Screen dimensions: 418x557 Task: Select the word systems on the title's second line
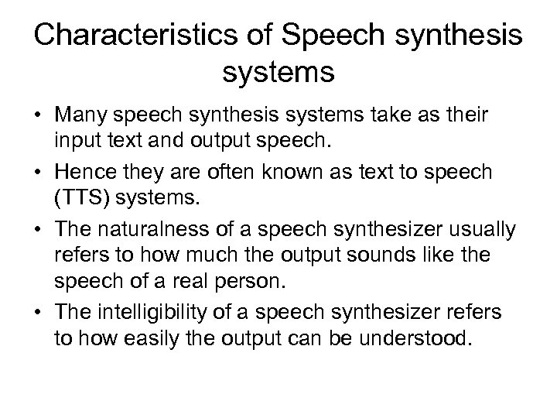278,74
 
